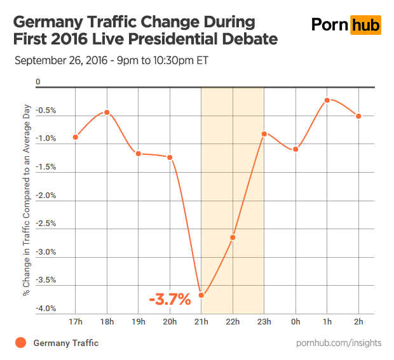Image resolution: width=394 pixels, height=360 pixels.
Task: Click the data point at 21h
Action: click(x=201, y=295)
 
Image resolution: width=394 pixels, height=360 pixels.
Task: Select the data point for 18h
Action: click(x=107, y=112)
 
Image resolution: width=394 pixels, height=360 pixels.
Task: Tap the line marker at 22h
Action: click(x=233, y=237)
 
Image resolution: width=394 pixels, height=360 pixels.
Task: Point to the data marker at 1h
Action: click(x=327, y=100)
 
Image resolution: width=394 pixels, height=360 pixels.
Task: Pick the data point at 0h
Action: click(x=296, y=149)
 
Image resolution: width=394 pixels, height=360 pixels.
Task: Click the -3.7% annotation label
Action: click(x=170, y=300)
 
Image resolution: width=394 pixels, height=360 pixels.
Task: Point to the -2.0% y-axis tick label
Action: click(x=47, y=195)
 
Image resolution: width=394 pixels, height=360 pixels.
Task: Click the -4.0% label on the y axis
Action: click(x=47, y=308)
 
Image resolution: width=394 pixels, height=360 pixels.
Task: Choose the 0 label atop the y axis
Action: click(x=38, y=82)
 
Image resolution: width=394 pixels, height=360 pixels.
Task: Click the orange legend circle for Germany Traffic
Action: click(x=20, y=343)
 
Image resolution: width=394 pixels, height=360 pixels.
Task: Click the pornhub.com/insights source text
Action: click(x=339, y=343)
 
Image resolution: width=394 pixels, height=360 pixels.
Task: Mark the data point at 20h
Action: click(x=170, y=157)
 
